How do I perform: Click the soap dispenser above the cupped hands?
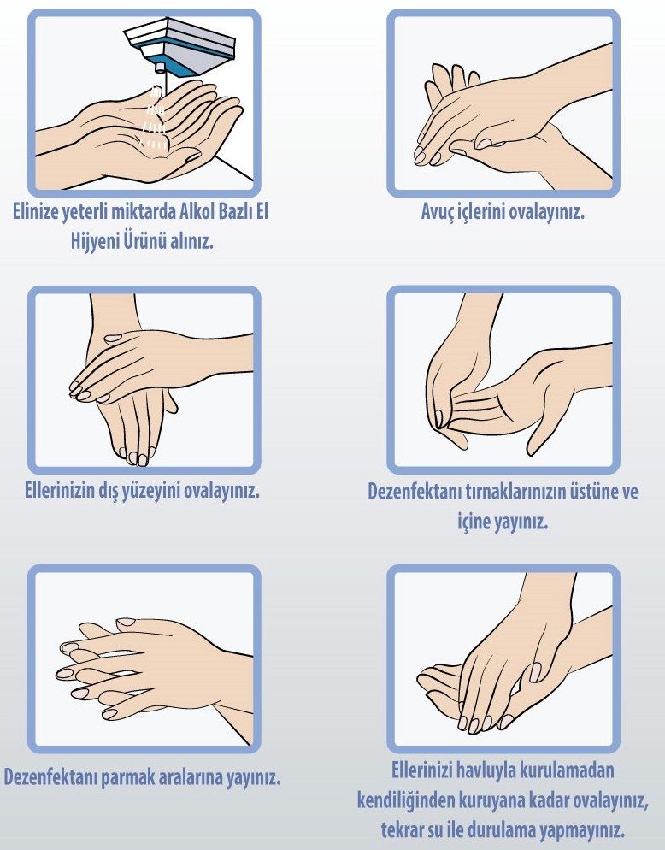click(x=179, y=47)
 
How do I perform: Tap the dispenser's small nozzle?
click(x=159, y=68)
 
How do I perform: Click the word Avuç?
click(x=438, y=211)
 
